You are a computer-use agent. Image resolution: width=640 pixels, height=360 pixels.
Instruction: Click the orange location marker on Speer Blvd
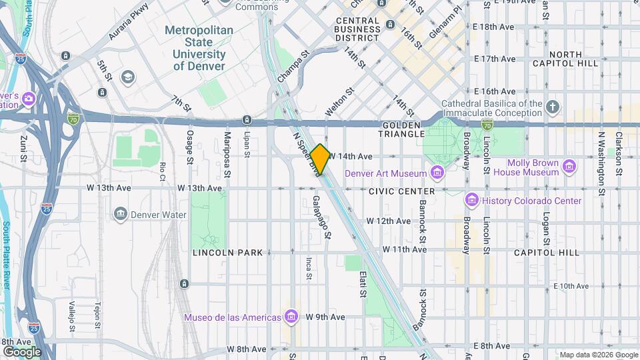click(321, 159)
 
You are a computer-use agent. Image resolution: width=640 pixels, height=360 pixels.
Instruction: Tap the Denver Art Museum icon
click(437, 174)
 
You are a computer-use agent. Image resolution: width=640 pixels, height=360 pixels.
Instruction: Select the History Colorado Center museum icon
click(472, 201)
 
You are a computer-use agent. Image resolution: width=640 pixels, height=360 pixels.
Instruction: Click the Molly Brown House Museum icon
click(569, 167)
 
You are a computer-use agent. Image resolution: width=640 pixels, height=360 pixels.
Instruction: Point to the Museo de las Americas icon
click(291, 317)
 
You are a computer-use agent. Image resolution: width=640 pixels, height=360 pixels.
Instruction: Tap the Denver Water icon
click(121, 215)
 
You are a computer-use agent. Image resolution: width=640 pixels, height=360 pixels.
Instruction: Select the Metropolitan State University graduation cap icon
click(127, 78)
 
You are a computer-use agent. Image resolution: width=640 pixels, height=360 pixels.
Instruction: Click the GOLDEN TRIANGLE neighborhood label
click(403, 129)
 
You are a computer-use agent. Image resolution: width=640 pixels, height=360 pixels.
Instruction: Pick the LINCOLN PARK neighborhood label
click(227, 253)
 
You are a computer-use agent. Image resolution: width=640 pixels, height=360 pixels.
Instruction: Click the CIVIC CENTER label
click(401, 191)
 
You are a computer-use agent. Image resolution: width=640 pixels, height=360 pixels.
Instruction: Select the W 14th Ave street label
click(349, 156)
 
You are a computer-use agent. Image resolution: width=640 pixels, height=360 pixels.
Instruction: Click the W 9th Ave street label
click(325, 317)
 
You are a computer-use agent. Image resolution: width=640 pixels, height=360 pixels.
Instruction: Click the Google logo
click(22, 351)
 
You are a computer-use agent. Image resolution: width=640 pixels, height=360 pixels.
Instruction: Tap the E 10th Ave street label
click(572, 286)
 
